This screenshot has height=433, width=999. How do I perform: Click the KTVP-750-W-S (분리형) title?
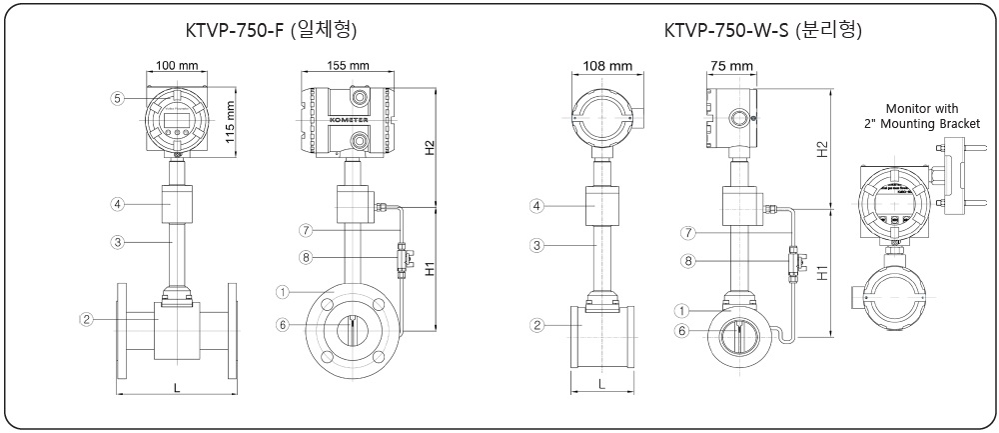point(763,31)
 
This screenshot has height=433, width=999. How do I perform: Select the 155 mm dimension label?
point(349,67)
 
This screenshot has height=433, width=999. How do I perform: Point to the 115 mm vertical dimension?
point(231,122)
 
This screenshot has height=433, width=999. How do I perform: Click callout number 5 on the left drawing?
point(117,98)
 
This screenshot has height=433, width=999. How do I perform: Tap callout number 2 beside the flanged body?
point(87,319)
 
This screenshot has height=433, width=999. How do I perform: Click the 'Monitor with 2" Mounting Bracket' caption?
point(923,115)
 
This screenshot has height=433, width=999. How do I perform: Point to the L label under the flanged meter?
point(177,385)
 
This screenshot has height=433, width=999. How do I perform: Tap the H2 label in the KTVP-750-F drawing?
point(431,149)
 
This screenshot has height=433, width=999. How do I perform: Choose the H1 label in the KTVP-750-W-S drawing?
point(822,272)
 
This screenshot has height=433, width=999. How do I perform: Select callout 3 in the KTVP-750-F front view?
point(117,241)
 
